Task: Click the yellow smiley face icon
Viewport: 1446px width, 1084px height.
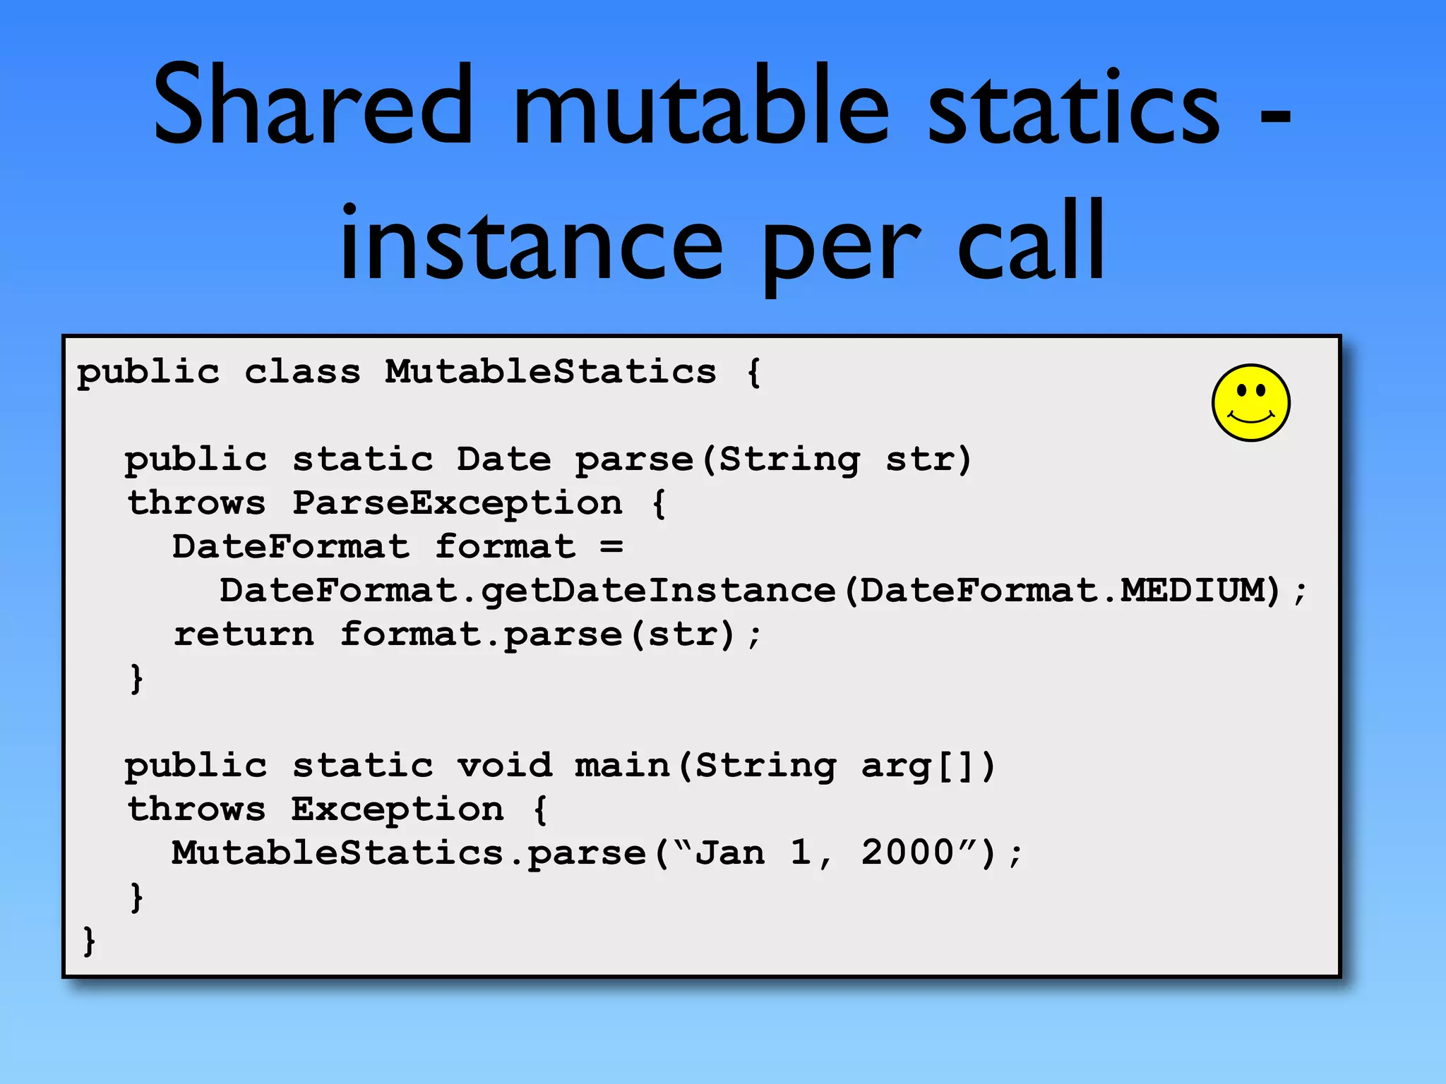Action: click(1250, 403)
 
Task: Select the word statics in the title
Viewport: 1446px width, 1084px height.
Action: click(1073, 106)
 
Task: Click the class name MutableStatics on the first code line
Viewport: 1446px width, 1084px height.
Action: click(550, 371)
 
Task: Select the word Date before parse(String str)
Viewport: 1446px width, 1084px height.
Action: click(503, 459)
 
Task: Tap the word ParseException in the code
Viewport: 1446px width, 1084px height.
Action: click(457, 503)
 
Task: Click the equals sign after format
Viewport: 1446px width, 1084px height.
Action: click(611, 547)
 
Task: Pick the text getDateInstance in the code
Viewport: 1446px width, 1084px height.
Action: click(658, 591)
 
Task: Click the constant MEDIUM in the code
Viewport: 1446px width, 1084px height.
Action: click(1200, 591)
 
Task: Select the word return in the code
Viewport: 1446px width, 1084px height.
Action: click(244, 634)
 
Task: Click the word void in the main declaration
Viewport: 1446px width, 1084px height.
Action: click(503, 766)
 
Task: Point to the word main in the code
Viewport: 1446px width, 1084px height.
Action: click(621, 766)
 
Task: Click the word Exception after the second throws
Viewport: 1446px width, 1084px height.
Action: click(398, 809)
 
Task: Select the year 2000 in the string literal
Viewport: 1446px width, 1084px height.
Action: click(907, 853)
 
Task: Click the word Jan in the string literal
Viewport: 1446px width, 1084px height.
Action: click(730, 853)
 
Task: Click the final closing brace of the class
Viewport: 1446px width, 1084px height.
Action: click(89, 941)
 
